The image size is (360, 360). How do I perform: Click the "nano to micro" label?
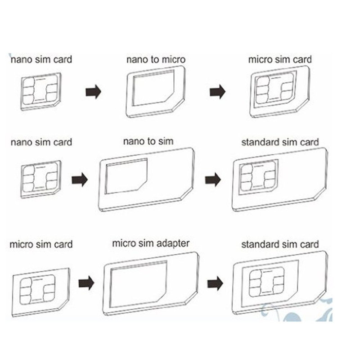tap(156, 59)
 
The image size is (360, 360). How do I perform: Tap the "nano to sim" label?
tap(148, 141)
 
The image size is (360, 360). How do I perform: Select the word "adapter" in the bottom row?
tap(170, 243)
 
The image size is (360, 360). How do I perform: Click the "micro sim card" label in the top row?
tap(280, 59)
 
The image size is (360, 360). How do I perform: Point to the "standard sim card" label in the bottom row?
tap(280, 244)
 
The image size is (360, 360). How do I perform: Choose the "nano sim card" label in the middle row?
tap(41, 142)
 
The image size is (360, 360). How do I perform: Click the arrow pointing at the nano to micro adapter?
tap(93, 92)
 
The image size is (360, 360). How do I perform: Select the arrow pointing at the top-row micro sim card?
tap(217, 92)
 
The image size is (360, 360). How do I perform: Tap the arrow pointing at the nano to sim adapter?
tap(80, 180)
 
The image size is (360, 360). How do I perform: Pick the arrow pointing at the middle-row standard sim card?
tap(213, 180)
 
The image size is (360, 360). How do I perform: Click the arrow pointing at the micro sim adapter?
tap(86, 283)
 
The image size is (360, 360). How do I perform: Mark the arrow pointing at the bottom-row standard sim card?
tap(215, 283)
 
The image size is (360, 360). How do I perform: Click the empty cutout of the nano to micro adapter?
tap(153, 88)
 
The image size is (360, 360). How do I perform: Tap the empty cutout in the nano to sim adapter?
tap(126, 176)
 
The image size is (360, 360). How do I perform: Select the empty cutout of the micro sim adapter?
tap(138, 284)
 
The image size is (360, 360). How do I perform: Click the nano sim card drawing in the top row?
tap(41, 92)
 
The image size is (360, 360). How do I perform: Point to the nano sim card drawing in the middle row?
tap(41, 179)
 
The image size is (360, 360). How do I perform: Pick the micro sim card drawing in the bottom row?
tap(41, 292)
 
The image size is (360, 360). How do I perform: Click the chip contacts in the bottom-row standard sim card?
tap(266, 283)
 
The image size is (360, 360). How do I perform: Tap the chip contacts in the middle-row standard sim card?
tap(258, 176)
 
